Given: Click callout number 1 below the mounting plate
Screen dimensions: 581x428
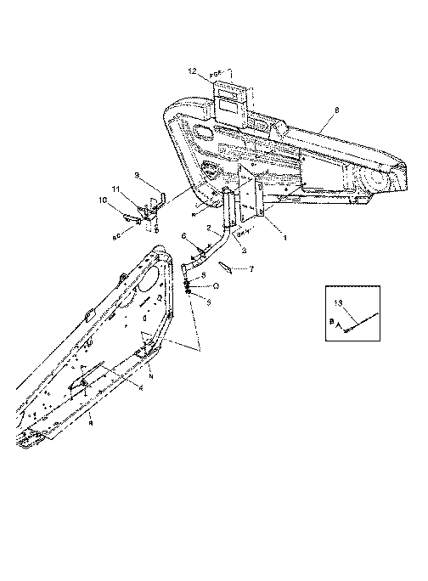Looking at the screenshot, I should [x=284, y=240].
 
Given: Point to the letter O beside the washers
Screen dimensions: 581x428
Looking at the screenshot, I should [x=217, y=286].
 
